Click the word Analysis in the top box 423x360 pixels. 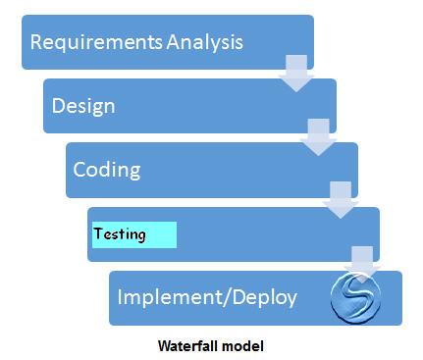click(203, 42)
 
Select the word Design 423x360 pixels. click(83, 105)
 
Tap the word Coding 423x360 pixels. click(107, 169)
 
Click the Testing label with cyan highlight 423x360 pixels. click(120, 234)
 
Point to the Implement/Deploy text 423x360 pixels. click(207, 295)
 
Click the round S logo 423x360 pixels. click(355, 298)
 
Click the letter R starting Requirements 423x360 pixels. click(37, 42)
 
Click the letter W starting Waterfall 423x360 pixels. click(164, 345)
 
